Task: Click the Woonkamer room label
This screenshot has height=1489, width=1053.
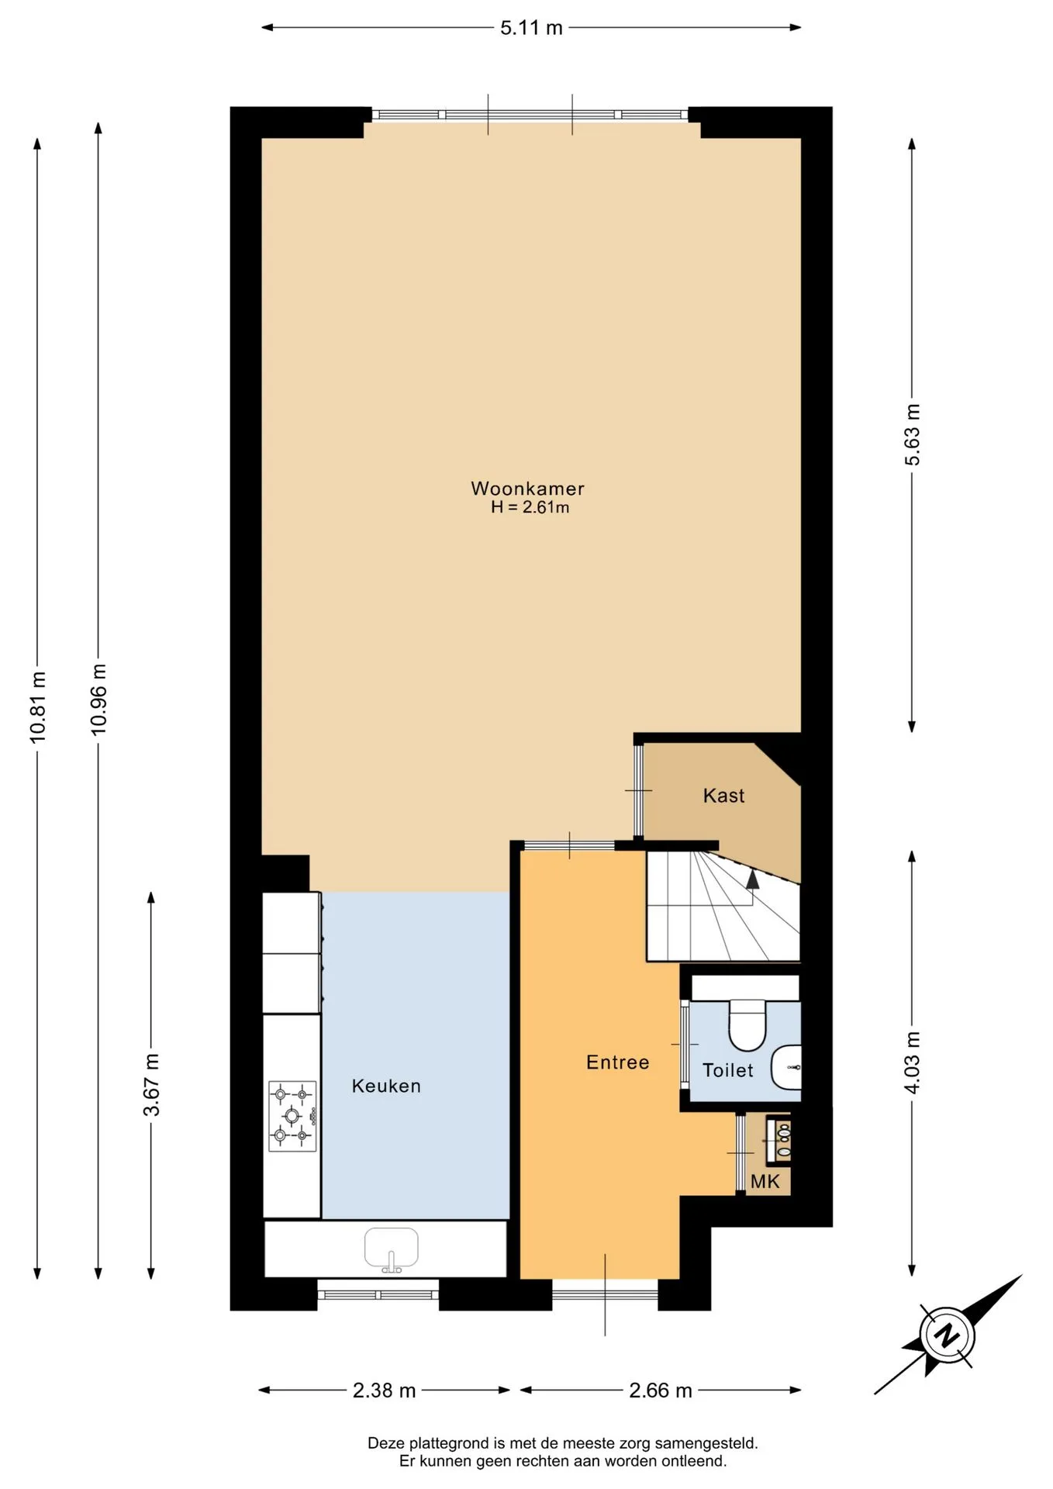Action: (x=527, y=489)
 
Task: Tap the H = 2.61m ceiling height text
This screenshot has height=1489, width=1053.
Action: (x=530, y=508)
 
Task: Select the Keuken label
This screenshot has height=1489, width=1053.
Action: (x=386, y=1086)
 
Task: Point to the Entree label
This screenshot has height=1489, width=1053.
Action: (x=617, y=1062)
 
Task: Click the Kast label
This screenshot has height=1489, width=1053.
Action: (x=723, y=796)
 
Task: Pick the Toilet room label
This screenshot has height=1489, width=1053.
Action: (x=727, y=1070)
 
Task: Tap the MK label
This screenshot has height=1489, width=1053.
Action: (x=765, y=1183)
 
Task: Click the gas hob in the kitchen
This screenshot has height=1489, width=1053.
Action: (x=292, y=1116)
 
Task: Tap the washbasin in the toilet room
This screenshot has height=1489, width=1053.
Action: (x=786, y=1067)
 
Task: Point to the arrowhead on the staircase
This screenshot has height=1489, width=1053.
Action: (x=752, y=878)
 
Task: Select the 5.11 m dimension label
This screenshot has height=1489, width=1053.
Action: (x=531, y=29)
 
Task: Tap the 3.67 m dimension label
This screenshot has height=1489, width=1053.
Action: (x=152, y=1085)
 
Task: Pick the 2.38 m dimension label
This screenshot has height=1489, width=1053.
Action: (x=384, y=1391)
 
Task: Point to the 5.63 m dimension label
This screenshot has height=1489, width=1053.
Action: (x=913, y=435)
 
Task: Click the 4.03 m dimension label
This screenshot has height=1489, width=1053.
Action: (x=913, y=1062)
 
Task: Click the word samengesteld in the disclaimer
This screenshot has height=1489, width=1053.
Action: (x=706, y=1443)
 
